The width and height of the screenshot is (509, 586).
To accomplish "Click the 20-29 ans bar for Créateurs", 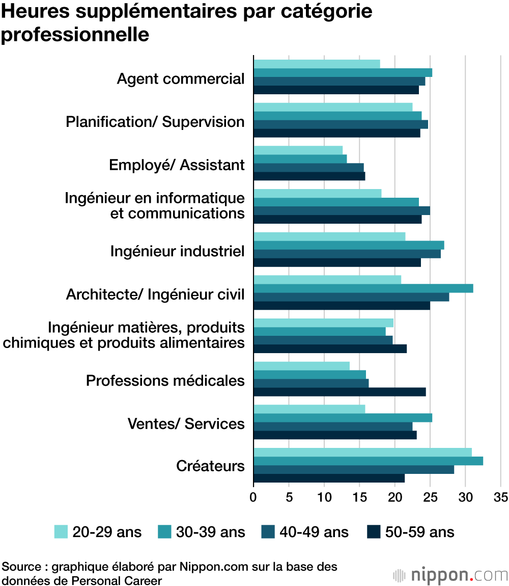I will coord(362,452).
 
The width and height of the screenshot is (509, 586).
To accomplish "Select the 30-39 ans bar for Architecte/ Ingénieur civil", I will coord(363,288).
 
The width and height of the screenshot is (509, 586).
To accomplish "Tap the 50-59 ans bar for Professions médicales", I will coord(340,392).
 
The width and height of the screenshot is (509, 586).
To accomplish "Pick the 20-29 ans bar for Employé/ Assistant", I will coord(298,150).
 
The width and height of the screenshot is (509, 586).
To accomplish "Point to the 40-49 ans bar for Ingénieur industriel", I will coord(347,254).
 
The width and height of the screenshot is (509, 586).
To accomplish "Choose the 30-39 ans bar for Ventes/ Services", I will coord(343,418).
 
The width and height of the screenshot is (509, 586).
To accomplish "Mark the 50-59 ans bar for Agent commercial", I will coord(336,90).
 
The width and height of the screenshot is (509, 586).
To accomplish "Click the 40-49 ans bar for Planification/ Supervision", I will coord(341,124).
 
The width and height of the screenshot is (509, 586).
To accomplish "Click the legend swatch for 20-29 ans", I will coord(61,532).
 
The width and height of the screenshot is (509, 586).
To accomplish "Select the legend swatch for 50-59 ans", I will coord(374,532).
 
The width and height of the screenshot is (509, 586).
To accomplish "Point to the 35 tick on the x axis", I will coord(500,496).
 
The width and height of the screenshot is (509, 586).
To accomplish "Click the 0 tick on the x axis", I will coord(253,496).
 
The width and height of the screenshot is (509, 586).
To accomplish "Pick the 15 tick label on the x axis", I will coord(359,496).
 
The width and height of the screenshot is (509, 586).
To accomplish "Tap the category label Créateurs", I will coord(210,466).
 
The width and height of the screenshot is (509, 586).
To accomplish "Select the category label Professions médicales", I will coord(165,381).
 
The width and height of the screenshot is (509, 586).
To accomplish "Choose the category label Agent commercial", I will coord(181,79).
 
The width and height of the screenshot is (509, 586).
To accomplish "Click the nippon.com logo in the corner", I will coord(450,575).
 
